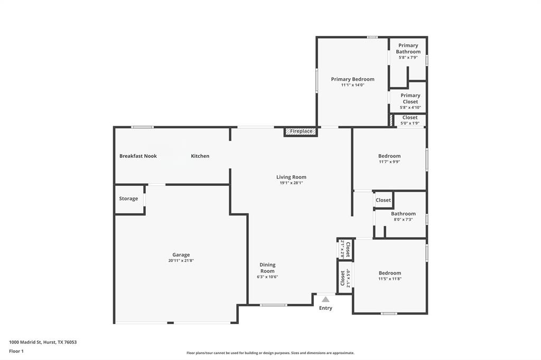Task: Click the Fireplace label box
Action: tap(301, 131)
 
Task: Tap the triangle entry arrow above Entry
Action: tap(326, 299)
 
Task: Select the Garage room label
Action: tap(181, 254)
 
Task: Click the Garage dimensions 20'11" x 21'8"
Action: tap(181, 261)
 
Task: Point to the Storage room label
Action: tap(128, 198)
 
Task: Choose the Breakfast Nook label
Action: tap(138, 156)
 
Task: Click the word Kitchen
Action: tap(200, 156)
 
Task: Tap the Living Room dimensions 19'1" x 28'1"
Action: tap(291, 183)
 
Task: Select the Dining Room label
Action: tap(267, 268)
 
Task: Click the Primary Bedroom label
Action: tap(352, 79)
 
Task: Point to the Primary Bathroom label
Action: tap(408, 49)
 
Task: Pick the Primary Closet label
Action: tap(411, 99)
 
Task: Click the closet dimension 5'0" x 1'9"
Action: tap(410, 124)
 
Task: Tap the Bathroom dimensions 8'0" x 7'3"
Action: tap(403, 220)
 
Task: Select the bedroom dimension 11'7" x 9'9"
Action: tap(389, 162)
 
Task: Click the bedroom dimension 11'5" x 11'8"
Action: tap(389, 279)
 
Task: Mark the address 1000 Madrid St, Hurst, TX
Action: tap(43, 342)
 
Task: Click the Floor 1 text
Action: tap(15, 351)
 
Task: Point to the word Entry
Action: tap(326, 308)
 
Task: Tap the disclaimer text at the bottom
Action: tap(270, 353)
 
